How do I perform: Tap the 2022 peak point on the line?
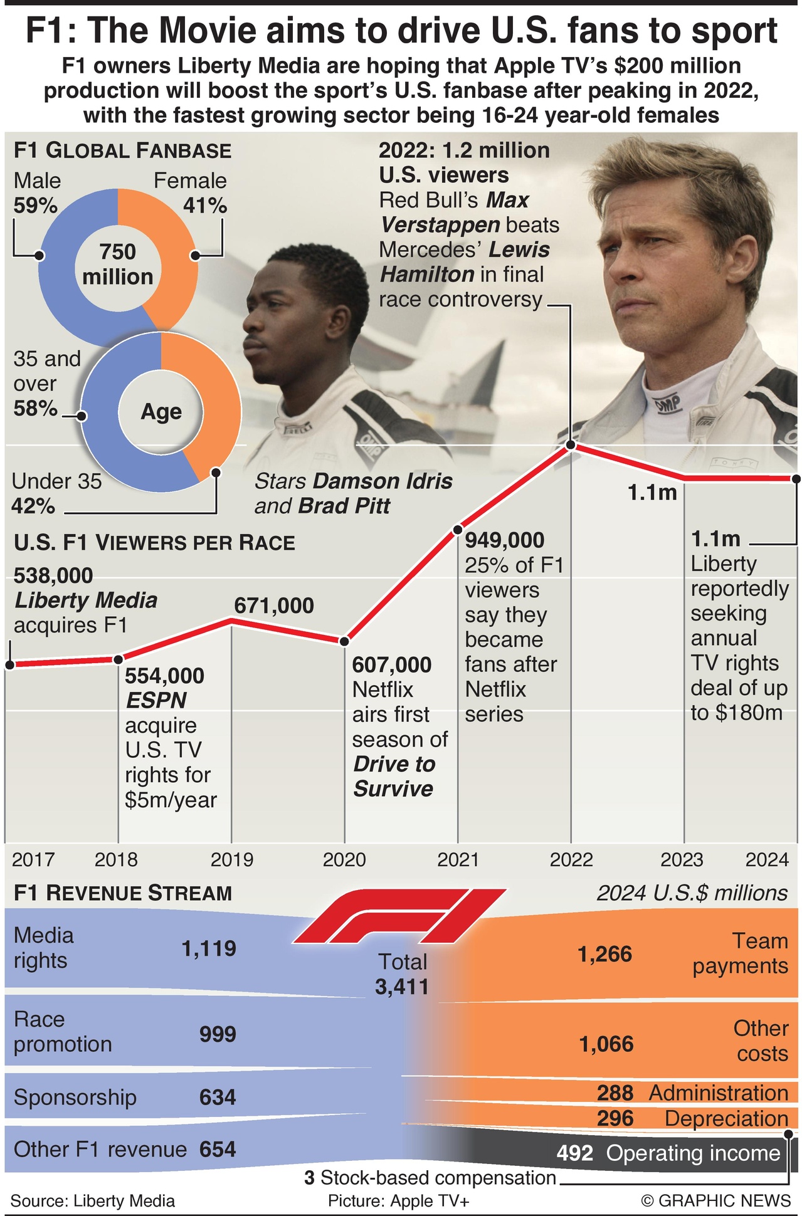point(571,445)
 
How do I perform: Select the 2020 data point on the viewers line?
point(344,641)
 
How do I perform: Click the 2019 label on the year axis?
point(232,859)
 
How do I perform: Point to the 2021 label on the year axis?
point(458,859)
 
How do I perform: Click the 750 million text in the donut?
point(118,264)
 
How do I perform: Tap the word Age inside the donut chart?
point(161,412)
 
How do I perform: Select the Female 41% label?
point(191,193)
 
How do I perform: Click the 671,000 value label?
point(274,605)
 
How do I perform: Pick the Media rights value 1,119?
point(209,948)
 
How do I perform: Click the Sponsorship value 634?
point(218,1097)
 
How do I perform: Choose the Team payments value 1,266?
point(604,954)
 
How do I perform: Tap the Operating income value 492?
point(574,1153)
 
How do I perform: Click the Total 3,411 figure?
point(402,975)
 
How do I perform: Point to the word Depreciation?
point(726,1118)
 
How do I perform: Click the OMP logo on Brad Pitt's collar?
point(668,404)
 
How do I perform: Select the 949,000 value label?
point(505,540)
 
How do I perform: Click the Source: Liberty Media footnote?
point(93,1200)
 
